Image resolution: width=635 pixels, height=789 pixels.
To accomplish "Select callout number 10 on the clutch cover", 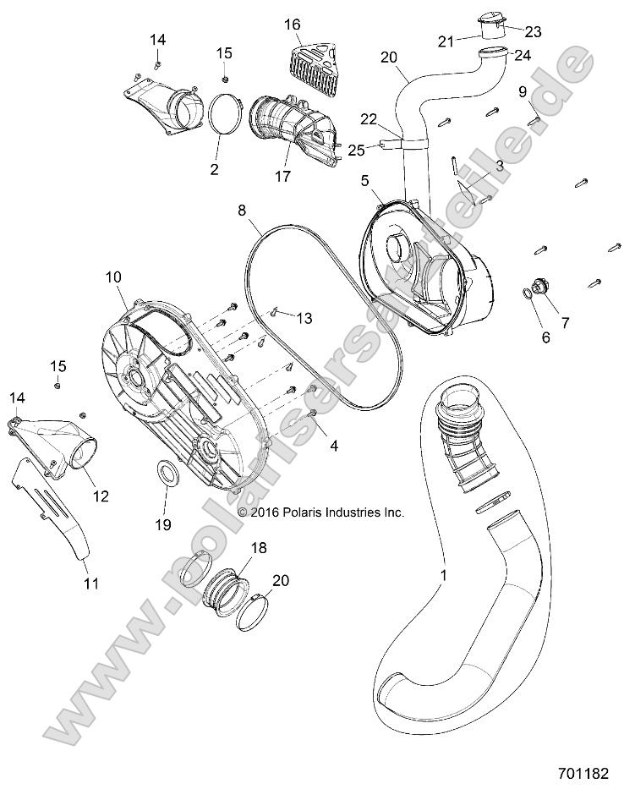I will pyautogui.click(x=113, y=277).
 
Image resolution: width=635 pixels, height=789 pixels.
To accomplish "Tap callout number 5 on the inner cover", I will pyautogui.click(x=364, y=180).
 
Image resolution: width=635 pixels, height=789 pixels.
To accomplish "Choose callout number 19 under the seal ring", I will pyautogui.click(x=163, y=524).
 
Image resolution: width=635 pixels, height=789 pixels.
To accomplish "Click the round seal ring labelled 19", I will pyautogui.click(x=167, y=473).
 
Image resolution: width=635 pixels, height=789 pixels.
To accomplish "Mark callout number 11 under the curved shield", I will pyautogui.click(x=90, y=583).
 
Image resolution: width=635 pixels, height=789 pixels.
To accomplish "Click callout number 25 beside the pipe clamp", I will pyautogui.click(x=357, y=150).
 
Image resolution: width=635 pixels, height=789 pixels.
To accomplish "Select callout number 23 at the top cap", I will pyautogui.click(x=533, y=32).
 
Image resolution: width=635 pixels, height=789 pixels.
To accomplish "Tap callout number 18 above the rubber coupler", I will pyautogui.click(x=260, y=548).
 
